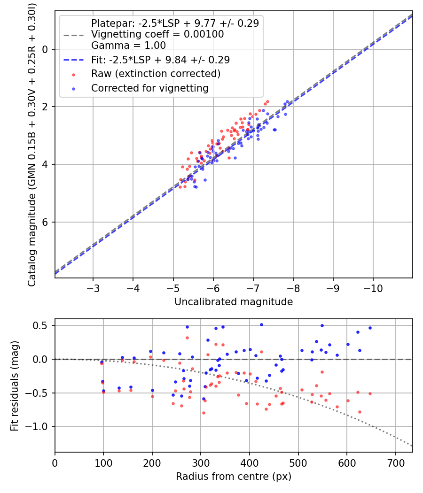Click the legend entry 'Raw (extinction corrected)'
click(156, 74)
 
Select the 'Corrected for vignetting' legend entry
click(149, 88)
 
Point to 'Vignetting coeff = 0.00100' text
click(157, 34)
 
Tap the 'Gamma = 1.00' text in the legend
click(128, 46)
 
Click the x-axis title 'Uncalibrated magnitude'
click(234, 302)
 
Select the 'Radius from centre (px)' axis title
click(234, 477)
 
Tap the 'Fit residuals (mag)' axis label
click(15, 385)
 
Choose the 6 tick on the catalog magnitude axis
click(46, 222)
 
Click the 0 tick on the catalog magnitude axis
click(46, 49)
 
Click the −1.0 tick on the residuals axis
click(41, 426)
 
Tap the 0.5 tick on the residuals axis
click(43, 325)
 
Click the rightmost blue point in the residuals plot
click(370, 328)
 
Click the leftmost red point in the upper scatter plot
click(180, 187)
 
